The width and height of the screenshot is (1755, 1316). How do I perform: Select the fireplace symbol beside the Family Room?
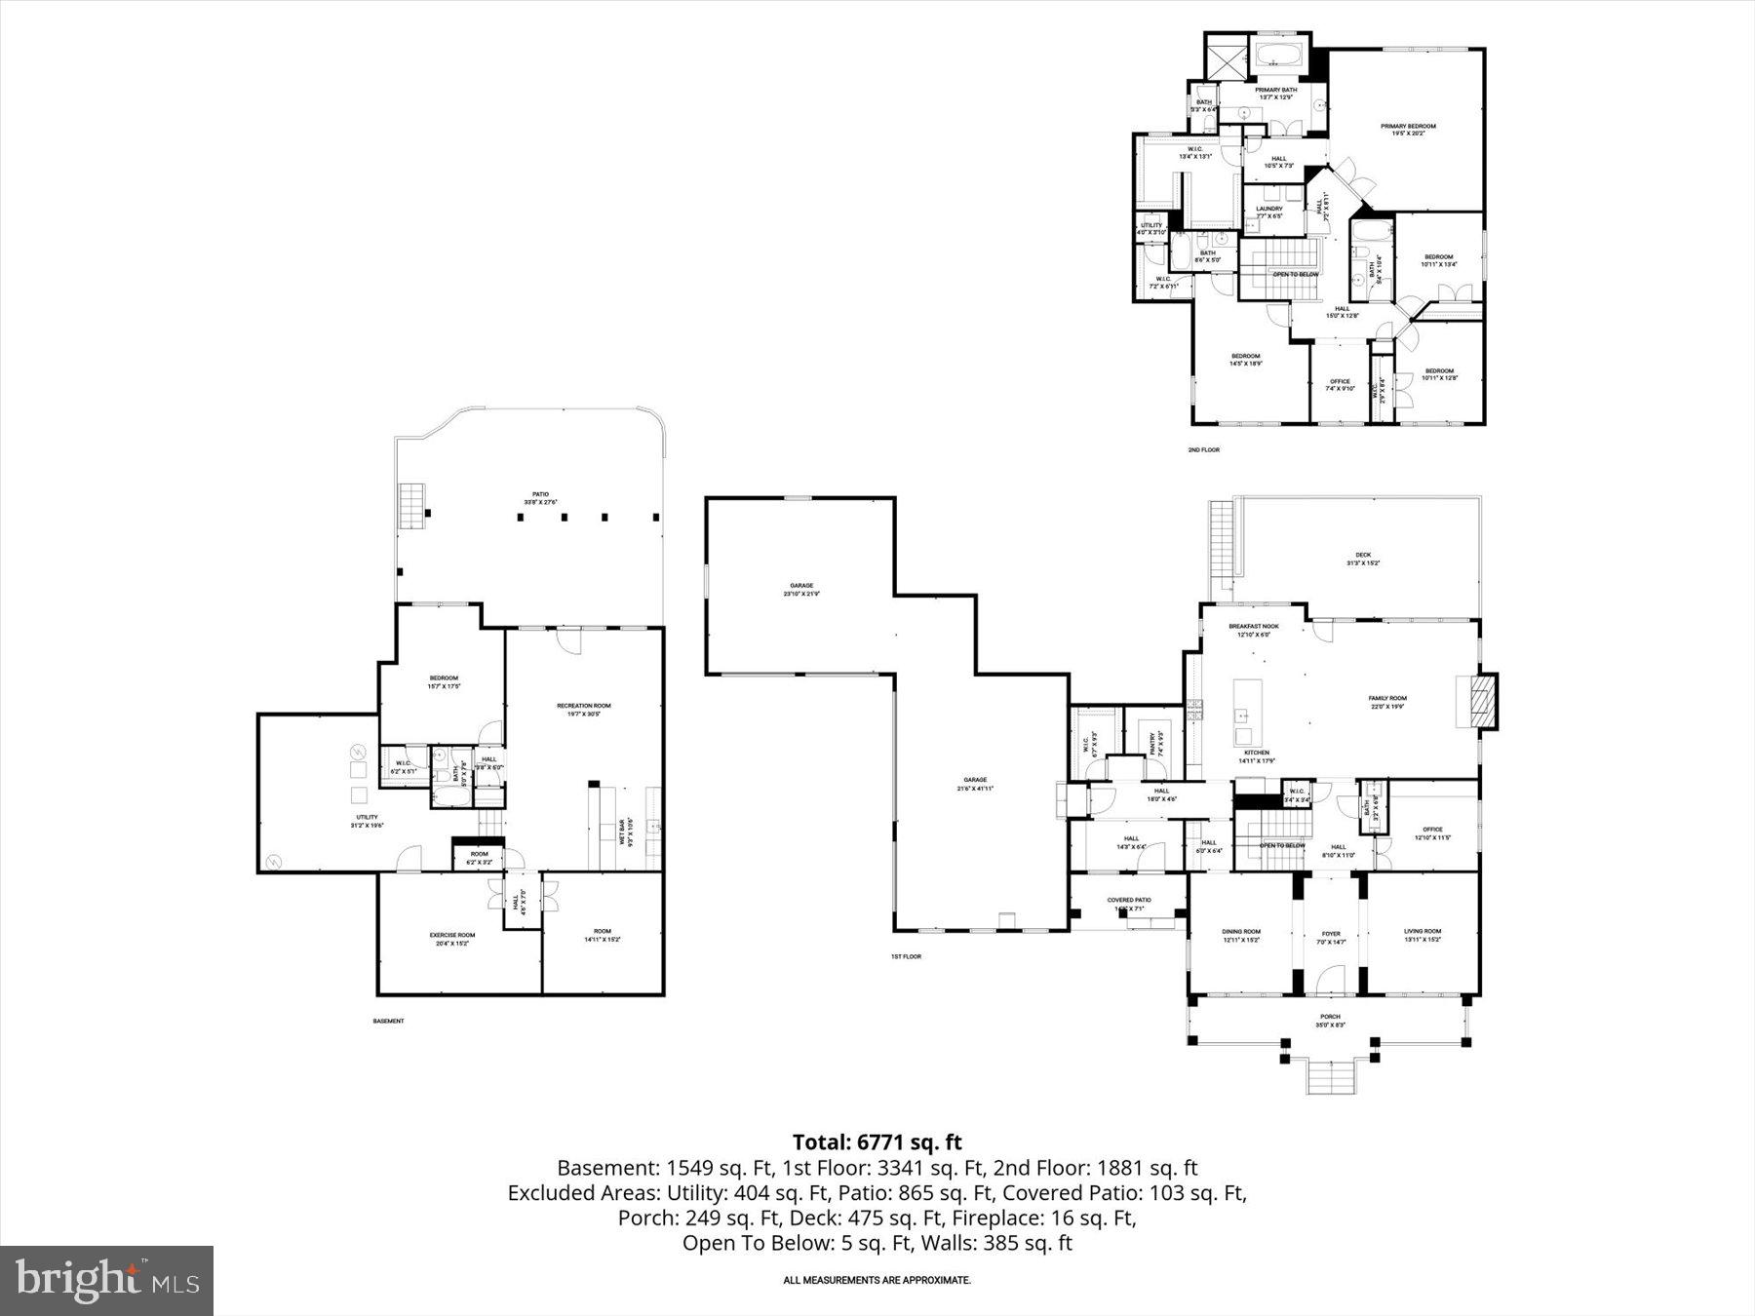click(1481, 700)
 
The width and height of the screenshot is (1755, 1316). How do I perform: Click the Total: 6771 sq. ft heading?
click(877, 1142)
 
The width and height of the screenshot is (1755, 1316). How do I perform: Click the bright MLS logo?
click(107, 1280)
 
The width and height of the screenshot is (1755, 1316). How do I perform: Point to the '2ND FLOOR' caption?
click(1203, 450)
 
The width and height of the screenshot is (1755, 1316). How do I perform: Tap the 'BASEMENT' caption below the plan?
click(388, 1022)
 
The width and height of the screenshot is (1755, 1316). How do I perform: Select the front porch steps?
click(1331, 1077)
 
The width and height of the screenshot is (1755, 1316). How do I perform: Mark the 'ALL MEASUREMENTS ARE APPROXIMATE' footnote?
click(877, 1280)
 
